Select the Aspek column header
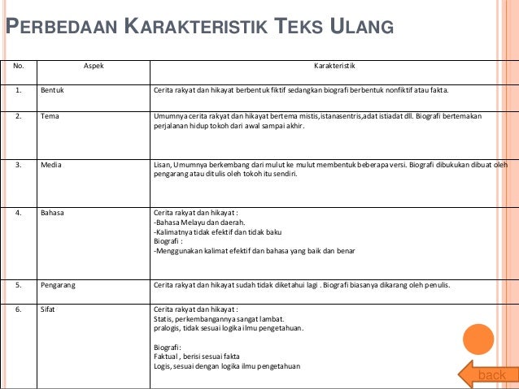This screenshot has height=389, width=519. [x=94, y=65]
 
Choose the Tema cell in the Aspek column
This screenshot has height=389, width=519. [x=50, y=117]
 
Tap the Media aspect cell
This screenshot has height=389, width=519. [x=52, y=164]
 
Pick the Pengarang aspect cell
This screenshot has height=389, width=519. [x=58, y=285]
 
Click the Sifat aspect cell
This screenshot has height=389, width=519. [x=49, y=310]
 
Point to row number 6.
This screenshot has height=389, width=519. [x=17, y=310]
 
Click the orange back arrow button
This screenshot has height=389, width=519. [x=486, y=374]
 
